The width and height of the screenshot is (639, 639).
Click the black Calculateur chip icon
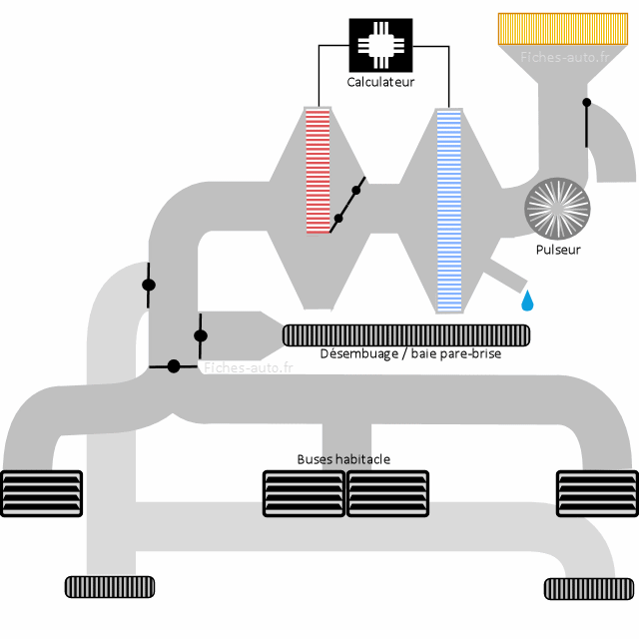pyautogui.click(x=380, y=45)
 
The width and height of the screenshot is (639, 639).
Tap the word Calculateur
pyautogui.click(x=380, y=82)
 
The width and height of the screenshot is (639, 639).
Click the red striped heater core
pyautogui.click(x=318, y=171)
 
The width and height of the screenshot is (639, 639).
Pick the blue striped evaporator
pyautogui.click(x=449, y=210)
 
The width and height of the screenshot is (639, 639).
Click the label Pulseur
pyautogui.click(x=557, y=250)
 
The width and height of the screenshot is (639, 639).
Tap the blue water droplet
pyautogui.click(x=526, y=300)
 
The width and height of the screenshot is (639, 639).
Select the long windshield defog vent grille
pyautogui.click(x=406, y=334)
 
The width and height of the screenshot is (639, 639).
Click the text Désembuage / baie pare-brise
pyautogui.click(x=410, y=353)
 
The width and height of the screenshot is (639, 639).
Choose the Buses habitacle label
pyautogui.click(x=343, y=459)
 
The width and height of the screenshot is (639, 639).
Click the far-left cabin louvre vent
pyautogui.click(x=41, y=493)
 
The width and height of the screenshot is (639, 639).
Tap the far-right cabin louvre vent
pyautogui.click(x=596, y=493)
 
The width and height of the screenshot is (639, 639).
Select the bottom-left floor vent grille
pyautogui.click(x=110, y=587)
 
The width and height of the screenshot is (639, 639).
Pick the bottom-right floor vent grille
pyautogui.click(x=588, y=588)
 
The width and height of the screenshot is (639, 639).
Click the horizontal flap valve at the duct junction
pyautogui.click(x=173, y=366)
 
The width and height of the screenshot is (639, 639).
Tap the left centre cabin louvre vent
pyautogui.click(x=304, y=493)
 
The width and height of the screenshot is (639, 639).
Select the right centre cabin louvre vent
pyautogui.click(x=386, y=493)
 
